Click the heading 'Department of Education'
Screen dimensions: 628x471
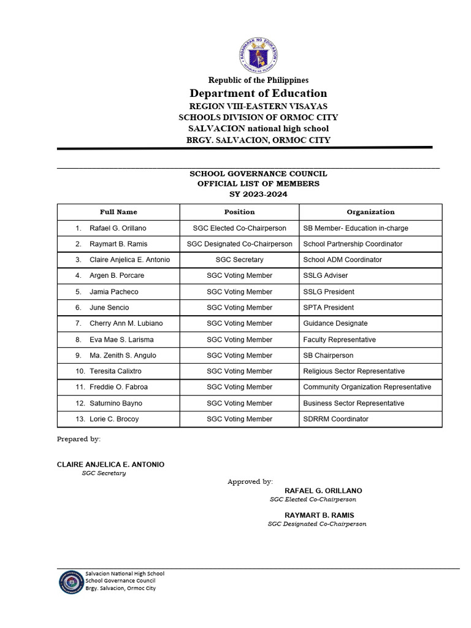258,93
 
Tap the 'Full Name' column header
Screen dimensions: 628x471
118,212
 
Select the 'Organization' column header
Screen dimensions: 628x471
370,212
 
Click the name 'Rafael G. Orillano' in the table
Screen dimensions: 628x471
118,228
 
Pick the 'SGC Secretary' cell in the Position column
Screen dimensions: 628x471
239,260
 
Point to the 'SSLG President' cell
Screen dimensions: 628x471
329,292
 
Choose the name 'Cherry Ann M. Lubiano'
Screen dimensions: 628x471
126,324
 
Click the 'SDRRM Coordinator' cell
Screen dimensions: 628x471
336,419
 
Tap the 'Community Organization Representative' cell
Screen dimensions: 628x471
367,388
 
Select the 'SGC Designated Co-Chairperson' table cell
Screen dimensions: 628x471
239,244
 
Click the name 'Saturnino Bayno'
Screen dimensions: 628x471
116,404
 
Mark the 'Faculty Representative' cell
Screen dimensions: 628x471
340,340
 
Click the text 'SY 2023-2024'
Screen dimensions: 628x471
258,194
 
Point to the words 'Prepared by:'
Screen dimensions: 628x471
78,439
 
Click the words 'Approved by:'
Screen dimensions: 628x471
250,482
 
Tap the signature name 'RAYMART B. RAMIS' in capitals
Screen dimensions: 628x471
319,515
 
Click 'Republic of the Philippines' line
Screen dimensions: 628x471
258,80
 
